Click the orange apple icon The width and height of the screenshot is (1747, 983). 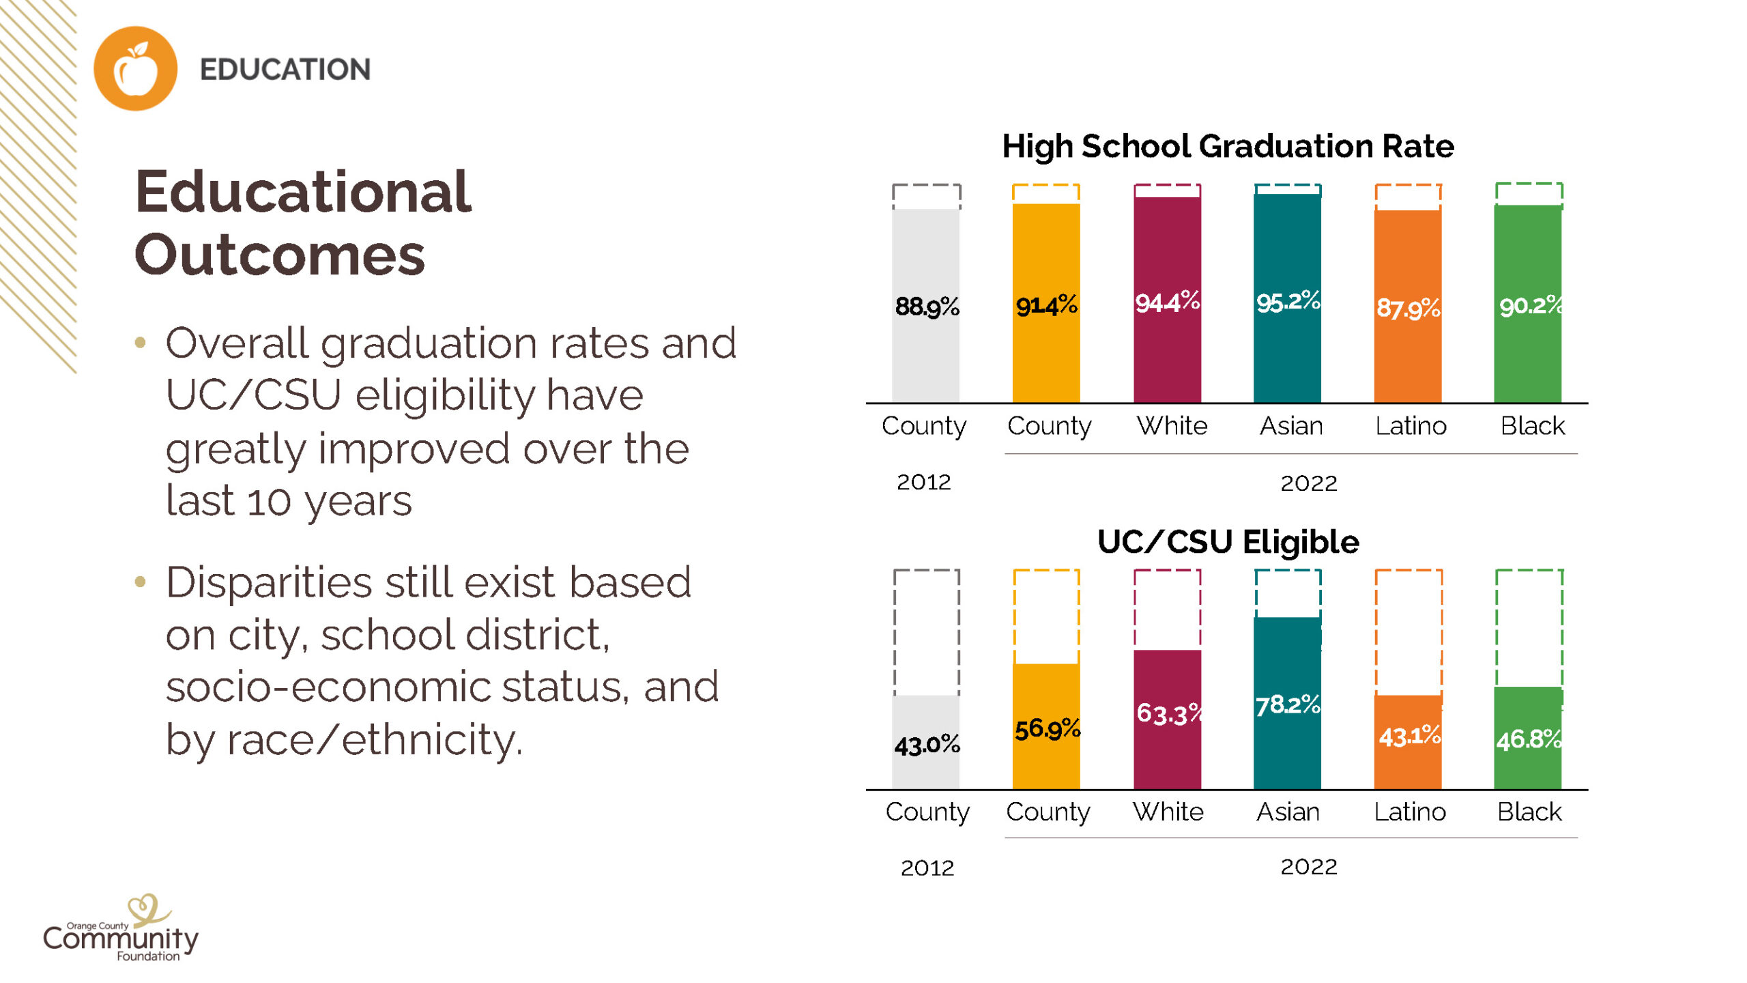(x=135, y=68)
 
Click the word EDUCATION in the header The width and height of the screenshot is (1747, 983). (x=285, y=70)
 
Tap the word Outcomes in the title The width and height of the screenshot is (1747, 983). (x=280, y=255)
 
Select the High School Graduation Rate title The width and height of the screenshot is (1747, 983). (x=1228, y=146)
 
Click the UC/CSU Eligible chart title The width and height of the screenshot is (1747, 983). (x=1228, y=542)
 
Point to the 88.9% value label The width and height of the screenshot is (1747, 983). (x=927, y=307)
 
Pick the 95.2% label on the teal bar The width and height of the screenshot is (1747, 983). (x=1288, y=302)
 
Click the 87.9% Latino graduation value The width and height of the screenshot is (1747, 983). (x=1408, y=309)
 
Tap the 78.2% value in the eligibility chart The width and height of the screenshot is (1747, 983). (x=1288, y=704)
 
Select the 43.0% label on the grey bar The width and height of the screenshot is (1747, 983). (x=927, y=744)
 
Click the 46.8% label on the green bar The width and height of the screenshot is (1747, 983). (x=1529, y=739)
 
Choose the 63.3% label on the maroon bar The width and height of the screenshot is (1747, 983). (x=1168, y=714)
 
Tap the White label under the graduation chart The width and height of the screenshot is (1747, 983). (x=1172, y=426)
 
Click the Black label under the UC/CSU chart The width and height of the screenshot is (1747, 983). (x=1529, y=812)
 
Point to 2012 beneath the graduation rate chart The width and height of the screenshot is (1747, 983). (x=923, y=482)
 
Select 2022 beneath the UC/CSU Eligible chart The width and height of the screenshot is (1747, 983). (x=1308, y=867)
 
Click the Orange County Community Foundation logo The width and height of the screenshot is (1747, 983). (x=121, y=930)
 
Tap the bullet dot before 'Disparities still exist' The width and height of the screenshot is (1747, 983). (x=141, y=582)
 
